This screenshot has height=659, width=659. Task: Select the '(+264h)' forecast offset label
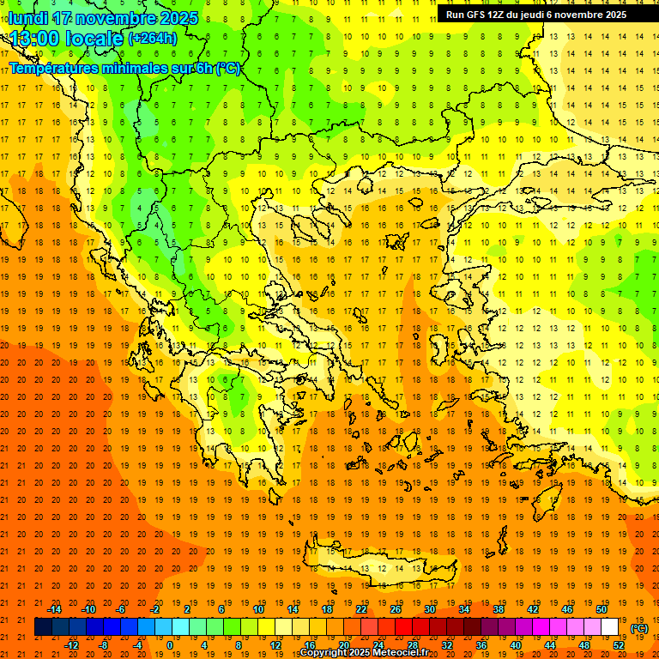coord(152,39)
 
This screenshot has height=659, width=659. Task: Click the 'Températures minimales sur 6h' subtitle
coord(124,69)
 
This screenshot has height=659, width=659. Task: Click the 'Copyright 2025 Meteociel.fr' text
coord(364,653)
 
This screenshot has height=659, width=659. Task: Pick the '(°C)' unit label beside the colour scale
coord(639,628)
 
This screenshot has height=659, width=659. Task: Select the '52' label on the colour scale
coord(619,645)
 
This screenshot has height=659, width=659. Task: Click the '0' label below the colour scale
coord(170,645)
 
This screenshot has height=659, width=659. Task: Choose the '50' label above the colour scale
coord(602,609)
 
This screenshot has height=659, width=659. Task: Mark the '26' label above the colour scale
coord(396,609)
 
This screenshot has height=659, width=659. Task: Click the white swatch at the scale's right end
coord(609,627)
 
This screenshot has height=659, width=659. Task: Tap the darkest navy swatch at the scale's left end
coord(44,627)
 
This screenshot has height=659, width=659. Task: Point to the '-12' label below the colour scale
coord(71,645)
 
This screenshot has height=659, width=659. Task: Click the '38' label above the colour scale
coord(499,609)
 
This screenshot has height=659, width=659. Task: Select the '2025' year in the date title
coord(179,18)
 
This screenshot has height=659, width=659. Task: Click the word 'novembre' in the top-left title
coord(117,18)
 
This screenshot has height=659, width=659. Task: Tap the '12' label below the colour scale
coord(275,645)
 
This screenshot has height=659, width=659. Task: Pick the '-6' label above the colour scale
coord(121,609)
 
